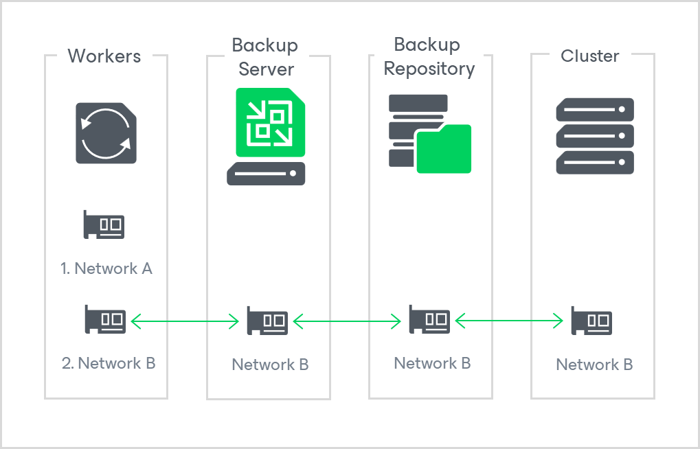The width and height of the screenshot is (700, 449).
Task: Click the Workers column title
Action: (x=104, y=56)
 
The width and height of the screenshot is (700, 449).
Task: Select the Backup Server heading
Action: (x=265, y=57)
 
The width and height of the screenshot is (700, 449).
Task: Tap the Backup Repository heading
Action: (x=429, y=56)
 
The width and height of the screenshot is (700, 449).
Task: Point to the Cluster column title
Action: (x=590, y=56)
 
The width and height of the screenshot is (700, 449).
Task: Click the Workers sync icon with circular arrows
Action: (x=106, y=133)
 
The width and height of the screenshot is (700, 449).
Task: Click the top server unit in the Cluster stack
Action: (x=594, y=110)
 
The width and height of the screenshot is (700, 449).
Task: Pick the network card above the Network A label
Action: (x=104, y=224)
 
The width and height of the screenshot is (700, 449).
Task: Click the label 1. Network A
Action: (x=106, y=268)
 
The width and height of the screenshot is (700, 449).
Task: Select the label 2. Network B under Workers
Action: (x=109, y=363)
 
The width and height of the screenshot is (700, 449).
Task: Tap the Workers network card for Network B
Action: (x=105, y=319)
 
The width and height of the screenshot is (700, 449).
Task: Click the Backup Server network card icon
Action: (x=267, y=321)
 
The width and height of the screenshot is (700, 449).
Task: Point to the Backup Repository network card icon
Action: (x=429, y=319)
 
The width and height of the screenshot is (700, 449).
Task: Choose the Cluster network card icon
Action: (x=591, y=321)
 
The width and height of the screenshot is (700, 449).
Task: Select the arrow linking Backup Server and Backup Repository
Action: (x=347, y=321)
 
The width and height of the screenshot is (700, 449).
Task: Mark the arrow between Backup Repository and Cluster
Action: (x=509, y=321)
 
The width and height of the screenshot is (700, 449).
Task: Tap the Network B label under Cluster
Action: (x=594, y=365)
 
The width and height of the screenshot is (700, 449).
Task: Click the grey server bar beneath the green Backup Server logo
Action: (x=266, y=174)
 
